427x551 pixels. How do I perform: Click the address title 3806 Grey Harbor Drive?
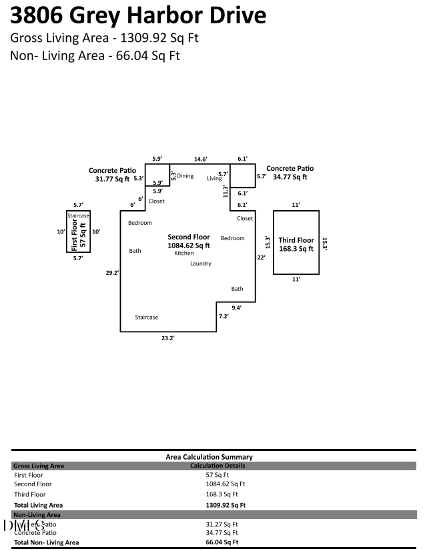click(x=138, y=15)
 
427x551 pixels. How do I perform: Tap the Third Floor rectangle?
click(x=296, y=242)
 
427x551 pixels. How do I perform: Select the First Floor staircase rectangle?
click(x=78, y=231)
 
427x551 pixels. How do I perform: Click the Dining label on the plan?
click(x=185, y=176)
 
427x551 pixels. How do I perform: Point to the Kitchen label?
click(x=184, y=253)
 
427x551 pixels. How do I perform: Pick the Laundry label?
click(x=200, y=263)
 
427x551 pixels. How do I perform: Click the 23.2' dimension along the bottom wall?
click(x=167, y=339)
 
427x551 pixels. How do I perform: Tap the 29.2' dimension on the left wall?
click(x=112, y=272)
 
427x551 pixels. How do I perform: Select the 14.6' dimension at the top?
click(x=200, y=159)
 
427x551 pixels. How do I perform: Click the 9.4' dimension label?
click(x=236, y=308)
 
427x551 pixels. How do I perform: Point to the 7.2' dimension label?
click(x=224, y=316)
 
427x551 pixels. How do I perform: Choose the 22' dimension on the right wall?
click(x=261, y=257)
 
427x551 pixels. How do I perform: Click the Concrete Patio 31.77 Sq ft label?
click(x=112, y=175)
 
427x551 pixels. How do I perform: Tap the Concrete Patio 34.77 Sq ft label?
click(x=290, y=173)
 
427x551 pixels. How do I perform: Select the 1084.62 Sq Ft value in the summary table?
click(x=226, y=484)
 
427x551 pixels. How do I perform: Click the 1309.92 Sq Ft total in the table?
click(x=226, y=505)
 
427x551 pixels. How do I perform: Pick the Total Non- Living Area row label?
click(x=46, y=542)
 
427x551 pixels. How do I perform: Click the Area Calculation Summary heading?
click(x=209, y=457)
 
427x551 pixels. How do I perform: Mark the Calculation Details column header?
click(x=218, y=466)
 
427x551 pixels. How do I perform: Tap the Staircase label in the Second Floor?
click(x=147, y=318)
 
